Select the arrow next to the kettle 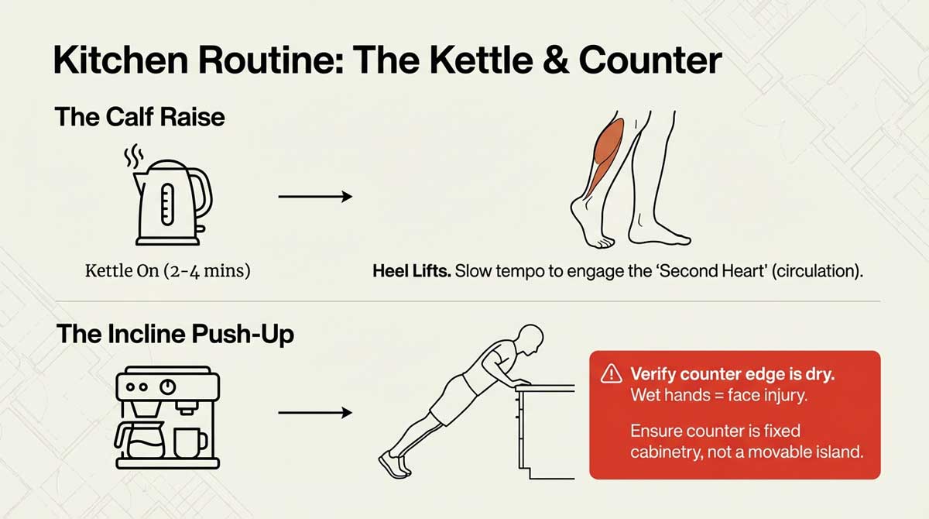tap(314, 197)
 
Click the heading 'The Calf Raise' tap(139, 117)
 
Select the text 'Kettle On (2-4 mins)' tap(166, 272)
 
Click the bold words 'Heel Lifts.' tap(411, 273)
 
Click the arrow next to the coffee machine tap(314, 413)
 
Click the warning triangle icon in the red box tap(612, 374)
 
